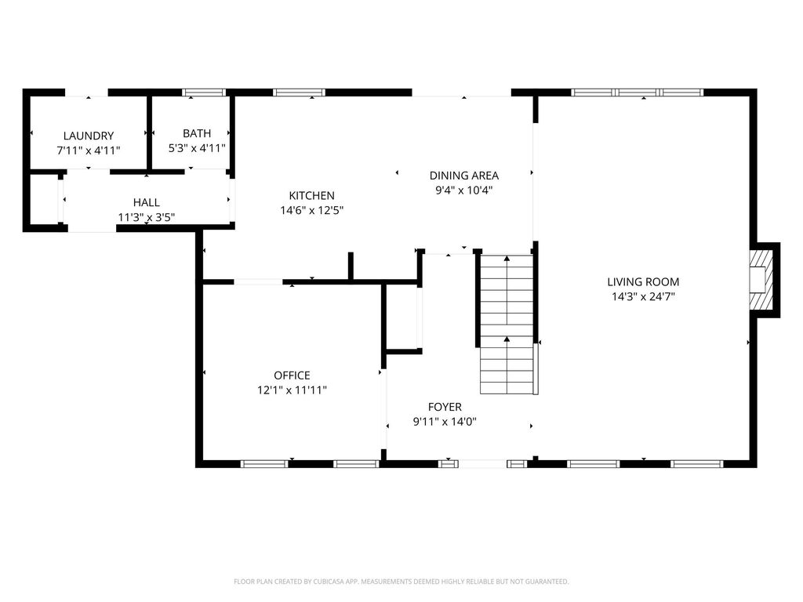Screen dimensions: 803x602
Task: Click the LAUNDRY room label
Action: point(89,136)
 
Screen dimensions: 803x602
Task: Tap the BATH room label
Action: point(197,133)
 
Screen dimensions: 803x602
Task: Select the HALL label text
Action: point(147,202)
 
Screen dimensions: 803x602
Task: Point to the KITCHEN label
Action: point(312,195)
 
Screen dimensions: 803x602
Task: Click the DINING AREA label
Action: point(464,176)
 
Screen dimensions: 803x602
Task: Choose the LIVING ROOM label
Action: point(643,281)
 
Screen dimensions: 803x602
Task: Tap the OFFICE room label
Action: point(292,375)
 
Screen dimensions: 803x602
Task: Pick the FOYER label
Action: point(445,407)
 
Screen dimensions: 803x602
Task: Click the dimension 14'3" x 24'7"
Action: point(643,296)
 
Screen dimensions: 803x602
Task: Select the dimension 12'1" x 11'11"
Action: point(292,390)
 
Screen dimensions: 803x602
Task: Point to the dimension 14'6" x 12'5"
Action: point(312,210)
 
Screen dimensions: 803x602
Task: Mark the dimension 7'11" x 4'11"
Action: point(89,150)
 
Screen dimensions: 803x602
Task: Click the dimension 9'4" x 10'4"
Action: point(464,190)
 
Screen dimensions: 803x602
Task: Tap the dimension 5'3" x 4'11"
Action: point(197,148)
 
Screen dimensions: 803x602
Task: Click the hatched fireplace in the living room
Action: point(761,280)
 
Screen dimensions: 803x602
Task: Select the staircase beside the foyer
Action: point(507,324)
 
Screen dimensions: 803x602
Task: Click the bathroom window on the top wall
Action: point(204,92)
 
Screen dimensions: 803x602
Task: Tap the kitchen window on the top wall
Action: point(299,92)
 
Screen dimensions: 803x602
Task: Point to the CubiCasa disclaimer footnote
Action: point(401,582)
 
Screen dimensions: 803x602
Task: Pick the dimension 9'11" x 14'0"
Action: point(445,422)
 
